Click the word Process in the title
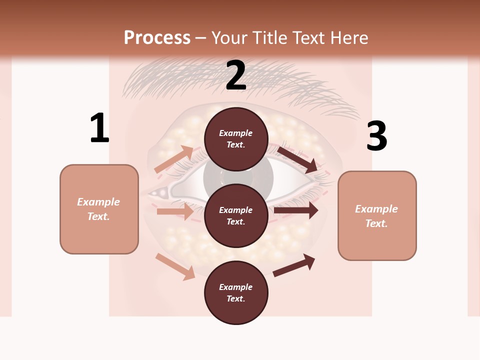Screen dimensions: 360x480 click(157, 37)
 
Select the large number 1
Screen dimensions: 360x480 click(99, 128)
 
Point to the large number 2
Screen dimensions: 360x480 click(236, 75)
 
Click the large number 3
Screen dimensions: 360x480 click(377, 136)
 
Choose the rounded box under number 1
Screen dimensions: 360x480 click(99, 209)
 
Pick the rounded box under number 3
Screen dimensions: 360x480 click(377, 216)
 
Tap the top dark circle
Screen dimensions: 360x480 click(236, 139)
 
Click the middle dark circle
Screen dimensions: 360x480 click(236, 216)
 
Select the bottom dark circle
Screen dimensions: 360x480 click(236, 293)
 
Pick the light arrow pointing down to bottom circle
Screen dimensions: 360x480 click(175, 266)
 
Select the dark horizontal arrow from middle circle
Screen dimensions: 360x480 click(295, 210)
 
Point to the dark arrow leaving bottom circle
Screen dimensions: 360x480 click(294, 265)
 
